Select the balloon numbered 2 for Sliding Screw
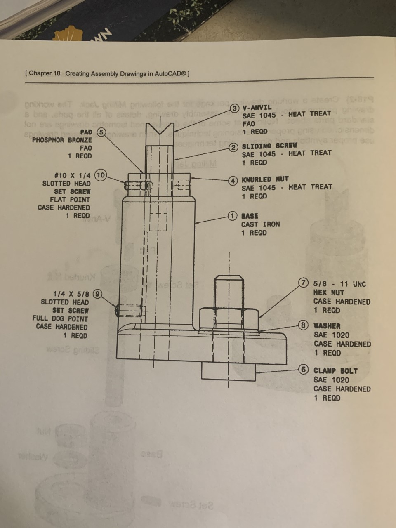coord(234,147)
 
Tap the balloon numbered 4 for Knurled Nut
coord(233,180)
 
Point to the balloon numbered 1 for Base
coord(233,216)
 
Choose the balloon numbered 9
coord(98,294)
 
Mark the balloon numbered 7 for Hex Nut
coord(304,283)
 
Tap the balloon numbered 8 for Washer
coord(304,325)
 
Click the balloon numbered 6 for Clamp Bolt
coord(304,370)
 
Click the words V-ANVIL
coord(257,107)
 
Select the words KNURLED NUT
coord(265,179)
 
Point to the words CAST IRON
coord(260,224)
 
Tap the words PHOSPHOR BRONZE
coord(62,140)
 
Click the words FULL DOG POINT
coord(60,318)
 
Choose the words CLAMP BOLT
coord(335,370)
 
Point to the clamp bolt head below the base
coord(228,371)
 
